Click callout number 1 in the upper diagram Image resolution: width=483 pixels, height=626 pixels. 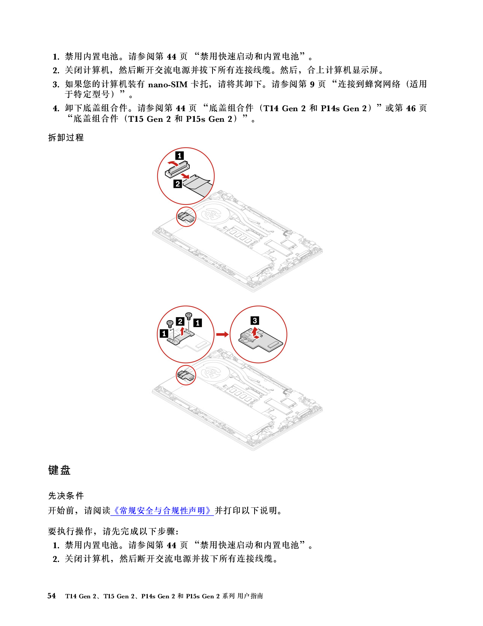180,156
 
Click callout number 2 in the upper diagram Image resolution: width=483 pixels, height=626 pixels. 178,184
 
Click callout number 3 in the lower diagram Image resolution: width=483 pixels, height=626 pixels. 255,321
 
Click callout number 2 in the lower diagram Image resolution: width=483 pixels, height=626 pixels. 180,322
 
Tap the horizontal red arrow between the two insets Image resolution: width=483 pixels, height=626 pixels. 222,334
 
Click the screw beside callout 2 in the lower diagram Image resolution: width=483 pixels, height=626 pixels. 189,316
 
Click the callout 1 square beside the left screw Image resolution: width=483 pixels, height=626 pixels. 164,333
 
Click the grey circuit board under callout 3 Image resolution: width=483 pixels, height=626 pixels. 261,343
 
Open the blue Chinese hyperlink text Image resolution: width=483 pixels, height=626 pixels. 162,511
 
